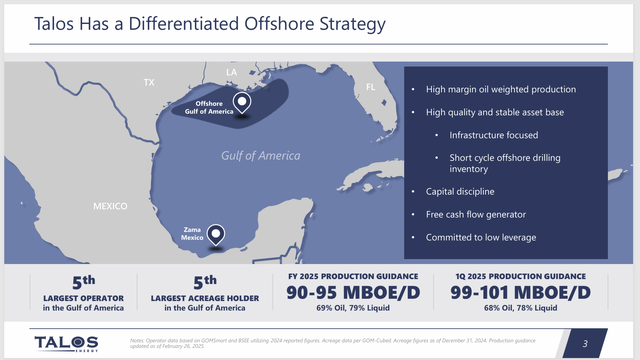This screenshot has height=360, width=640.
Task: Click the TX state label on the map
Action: pos(150,81)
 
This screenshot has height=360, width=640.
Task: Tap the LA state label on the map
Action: pos(231,73)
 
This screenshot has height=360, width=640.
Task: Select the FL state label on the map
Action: pos(369,87)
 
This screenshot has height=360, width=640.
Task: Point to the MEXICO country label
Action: pos(110,206)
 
